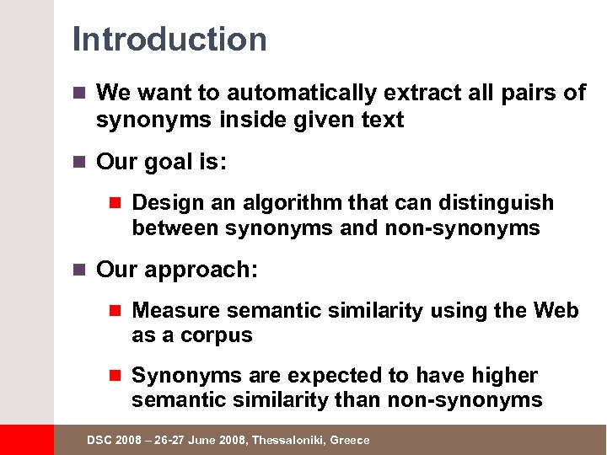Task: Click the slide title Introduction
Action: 169,39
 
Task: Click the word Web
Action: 556,311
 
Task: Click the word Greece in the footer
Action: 350,441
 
